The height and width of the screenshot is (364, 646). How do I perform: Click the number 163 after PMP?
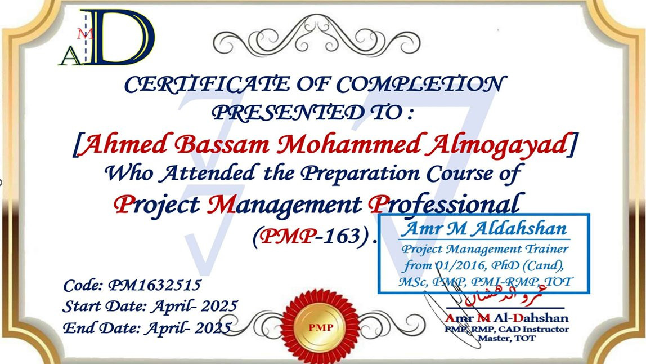(344, 236)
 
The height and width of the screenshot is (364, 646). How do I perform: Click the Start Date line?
(150, 307)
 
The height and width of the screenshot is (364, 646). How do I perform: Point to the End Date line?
(147, 327)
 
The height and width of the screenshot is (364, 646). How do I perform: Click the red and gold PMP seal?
(320, 327)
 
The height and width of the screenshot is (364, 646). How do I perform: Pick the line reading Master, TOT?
(505, 339)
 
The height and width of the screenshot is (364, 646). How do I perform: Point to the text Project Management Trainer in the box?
(484, 249)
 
